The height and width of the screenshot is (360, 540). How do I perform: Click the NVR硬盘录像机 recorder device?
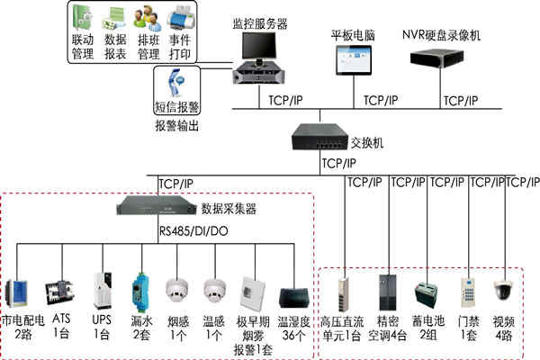click(443, 59)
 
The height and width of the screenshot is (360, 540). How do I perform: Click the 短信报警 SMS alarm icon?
click(177, 83)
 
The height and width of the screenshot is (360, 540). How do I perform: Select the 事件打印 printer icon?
click(179, 18)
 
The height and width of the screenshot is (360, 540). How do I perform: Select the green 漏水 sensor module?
click(139, 289)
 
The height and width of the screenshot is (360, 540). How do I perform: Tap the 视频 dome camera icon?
click(503, 290)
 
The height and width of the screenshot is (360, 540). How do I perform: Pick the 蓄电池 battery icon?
click(424, 293)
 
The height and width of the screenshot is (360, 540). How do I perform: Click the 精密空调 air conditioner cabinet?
click(387, 291)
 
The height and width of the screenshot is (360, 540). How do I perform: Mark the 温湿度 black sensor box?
click(294, 297)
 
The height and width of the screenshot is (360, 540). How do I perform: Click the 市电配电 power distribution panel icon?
click(21, 293)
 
